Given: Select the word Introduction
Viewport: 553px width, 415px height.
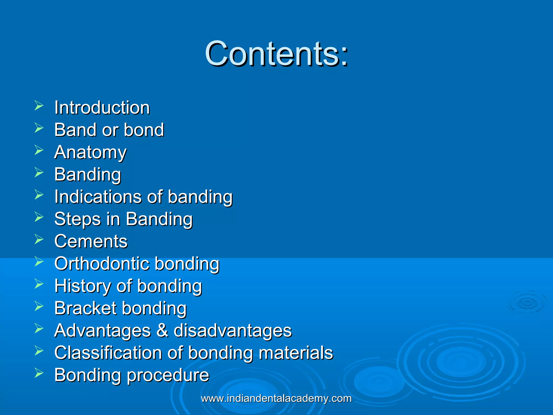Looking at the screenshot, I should pyautogui.click(x=102, y=108).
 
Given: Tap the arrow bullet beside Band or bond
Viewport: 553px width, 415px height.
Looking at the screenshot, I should pyautogui.click(x=39, y=128).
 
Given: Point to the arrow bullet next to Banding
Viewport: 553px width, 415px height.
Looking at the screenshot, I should pyautogui.click(x=39, y=172).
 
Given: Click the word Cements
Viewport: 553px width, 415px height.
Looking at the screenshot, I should pyautogui.click(x=91, y=241).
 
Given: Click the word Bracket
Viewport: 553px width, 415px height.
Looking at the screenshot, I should pyautogui.click(x=85, y=308).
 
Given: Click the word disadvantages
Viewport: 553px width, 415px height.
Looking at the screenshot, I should pyautogui.click(x=232, y=331).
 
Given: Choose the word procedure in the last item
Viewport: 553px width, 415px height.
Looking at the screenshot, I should pyautogui.click(x=168, y=376).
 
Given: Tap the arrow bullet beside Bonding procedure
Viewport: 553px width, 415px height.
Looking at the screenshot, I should pyautogui.click(x=39, y=373).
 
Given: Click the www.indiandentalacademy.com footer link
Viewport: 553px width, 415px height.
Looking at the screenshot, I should pyautogui.click(x=276, y=399).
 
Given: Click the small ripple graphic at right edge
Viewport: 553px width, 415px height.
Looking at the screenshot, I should pyautogui.click(x=527, y=303).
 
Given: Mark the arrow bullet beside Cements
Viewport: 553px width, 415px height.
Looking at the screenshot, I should pyautogui.click(x=39, y=239).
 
